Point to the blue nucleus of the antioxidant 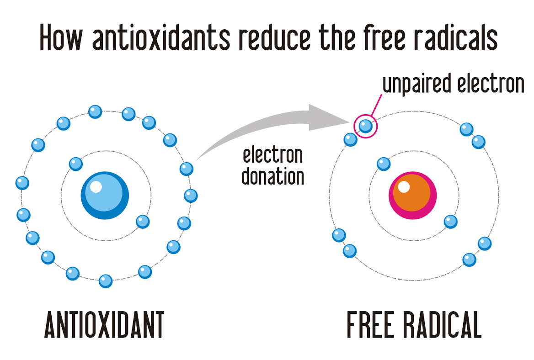(x=105, y=195)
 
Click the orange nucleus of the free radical (x=412, y=195)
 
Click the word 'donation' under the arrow (x=273, y=176)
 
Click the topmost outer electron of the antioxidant (x=95, y=111)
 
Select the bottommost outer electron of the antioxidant (x=106, y=281)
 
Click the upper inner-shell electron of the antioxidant (x=75, y=163)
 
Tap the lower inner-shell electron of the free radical (x=451, y=222)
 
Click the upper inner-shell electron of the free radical (x=384, y=163)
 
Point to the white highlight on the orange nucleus (x=404, y=186)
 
